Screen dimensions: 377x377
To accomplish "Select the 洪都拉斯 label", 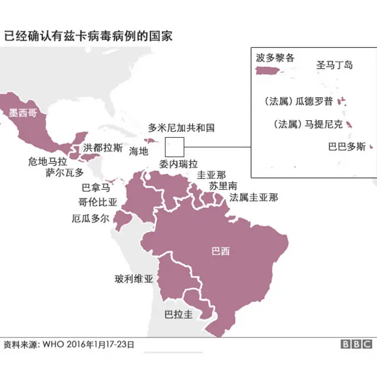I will click(104, 147).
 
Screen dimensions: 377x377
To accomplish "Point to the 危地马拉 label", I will click(48, 161).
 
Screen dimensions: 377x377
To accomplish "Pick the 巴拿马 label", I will click(95, 188).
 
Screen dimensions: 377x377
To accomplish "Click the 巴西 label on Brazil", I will click(220, 252).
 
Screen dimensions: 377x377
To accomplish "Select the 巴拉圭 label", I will click(178, 314).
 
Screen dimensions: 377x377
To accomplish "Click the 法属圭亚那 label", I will click(254, 197).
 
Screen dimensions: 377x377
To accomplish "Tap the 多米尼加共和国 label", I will click(181, 127).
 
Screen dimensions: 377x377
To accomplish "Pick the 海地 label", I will click(138, 151).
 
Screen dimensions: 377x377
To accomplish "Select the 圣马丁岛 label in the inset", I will click(335, 65).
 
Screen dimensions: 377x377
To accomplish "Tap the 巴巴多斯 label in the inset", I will click(346, 147).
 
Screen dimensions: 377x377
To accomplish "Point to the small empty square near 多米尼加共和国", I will click(175, 145).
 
